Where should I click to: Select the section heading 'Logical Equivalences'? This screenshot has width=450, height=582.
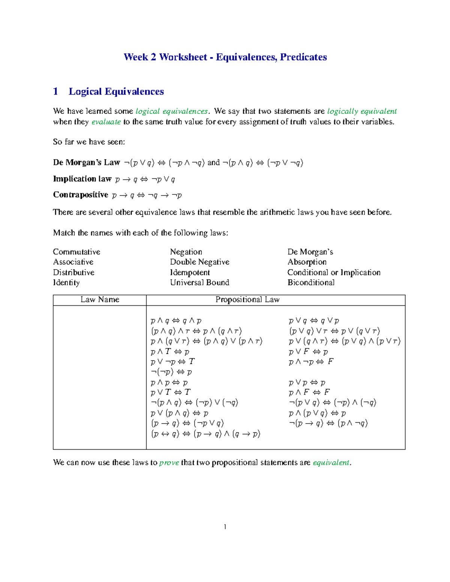coord(116,91)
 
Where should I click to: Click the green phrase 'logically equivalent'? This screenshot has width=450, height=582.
coord(361,111)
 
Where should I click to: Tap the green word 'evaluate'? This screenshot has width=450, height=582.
coord(106,122)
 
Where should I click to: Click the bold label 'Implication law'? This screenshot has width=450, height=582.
coord(82,179)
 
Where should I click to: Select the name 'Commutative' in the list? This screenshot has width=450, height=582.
coord(76,252)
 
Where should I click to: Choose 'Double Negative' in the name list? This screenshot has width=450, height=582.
coord(199,262)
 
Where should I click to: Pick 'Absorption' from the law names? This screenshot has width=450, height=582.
coord(307,262)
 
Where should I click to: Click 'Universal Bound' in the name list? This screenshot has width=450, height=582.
coord(199,283)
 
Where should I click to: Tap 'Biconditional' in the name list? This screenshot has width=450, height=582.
coord(311,283)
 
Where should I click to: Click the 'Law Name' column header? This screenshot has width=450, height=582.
coord(100,300)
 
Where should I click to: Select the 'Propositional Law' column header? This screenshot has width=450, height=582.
coord(247,300)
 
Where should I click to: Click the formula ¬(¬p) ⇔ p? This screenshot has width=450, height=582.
coord(171,372)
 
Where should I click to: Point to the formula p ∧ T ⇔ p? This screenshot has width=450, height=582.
coord(170,352)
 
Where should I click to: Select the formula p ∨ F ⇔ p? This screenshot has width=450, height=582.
coord(308,352)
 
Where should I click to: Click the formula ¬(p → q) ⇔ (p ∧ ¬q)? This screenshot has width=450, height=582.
coord(328,423)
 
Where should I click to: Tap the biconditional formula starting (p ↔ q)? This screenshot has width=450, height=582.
coord(205,434)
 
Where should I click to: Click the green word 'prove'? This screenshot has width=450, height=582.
coord(169,463)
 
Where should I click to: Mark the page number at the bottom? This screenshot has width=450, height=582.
coord(225,527)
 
